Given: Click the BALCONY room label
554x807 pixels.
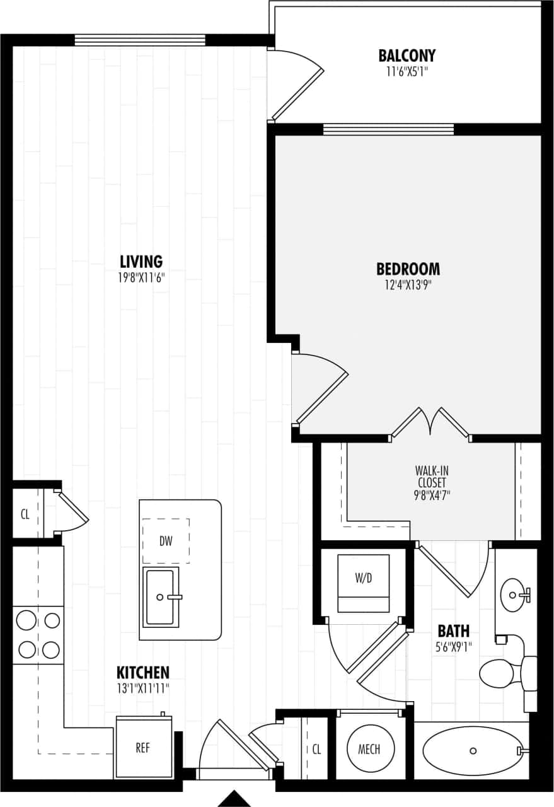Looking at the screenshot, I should point(407,55).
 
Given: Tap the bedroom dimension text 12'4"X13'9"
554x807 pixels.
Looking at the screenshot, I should point(408,284).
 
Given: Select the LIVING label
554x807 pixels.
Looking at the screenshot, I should point(141,261).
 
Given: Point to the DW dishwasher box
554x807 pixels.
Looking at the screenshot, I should point(166,541).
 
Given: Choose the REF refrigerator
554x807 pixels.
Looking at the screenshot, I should point(143,748).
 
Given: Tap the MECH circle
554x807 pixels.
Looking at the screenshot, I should point(369,749).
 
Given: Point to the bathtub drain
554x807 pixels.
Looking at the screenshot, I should point(473,751).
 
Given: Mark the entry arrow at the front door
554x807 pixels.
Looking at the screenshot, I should point(234,799).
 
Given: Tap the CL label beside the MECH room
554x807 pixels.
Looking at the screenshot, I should point(316,750).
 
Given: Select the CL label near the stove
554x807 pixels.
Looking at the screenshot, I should point(25,514).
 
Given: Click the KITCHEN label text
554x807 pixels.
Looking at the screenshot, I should point(142,672).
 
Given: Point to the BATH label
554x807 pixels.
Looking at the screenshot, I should point(454,630).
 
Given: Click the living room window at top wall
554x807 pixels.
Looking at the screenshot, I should point(140,40).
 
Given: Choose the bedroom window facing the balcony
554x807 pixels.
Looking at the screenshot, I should point(388,129).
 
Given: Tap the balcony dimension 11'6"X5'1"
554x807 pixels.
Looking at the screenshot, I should point(407,72).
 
